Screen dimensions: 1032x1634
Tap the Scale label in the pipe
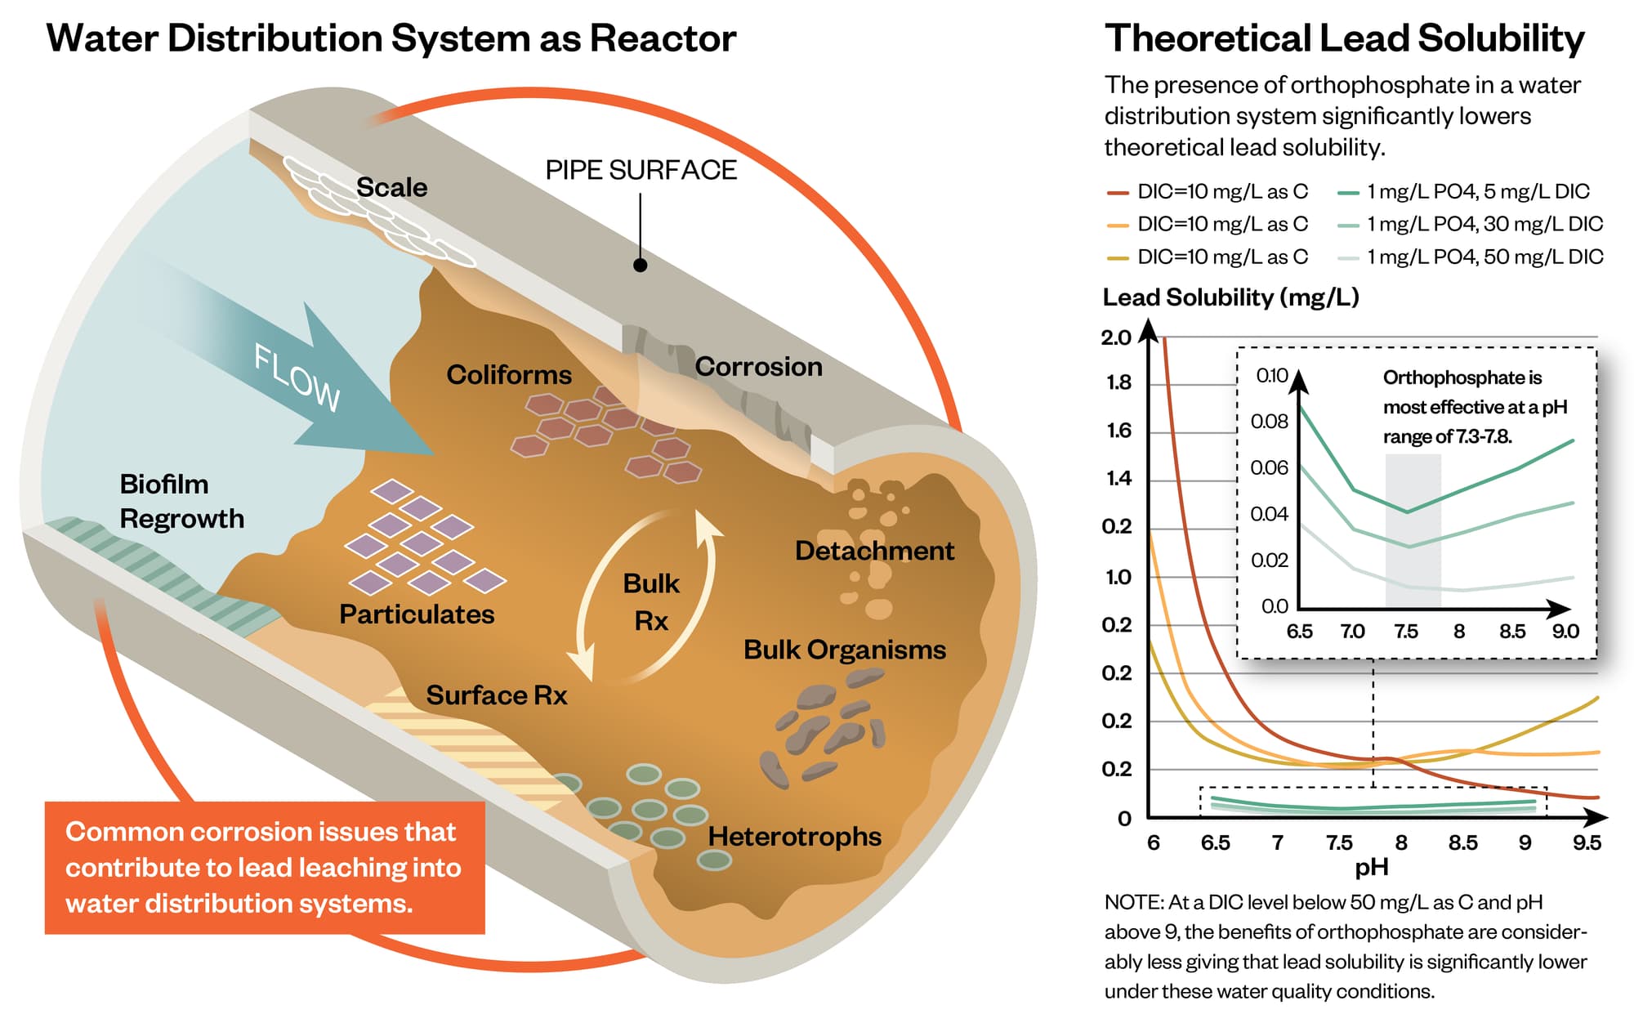[391, 187]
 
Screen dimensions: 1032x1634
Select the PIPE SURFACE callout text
[641, 170]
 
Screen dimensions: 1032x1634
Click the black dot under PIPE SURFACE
[641, 265]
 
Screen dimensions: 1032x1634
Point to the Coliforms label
[509, 374]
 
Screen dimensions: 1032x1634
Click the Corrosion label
[758, 366]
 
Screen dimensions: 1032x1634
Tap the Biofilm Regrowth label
[181, 501]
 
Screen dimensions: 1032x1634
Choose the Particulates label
[417, 614]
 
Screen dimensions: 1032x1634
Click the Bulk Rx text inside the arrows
[651, 601]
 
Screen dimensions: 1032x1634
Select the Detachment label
[874, 550]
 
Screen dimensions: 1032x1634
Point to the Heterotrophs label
[794, 836]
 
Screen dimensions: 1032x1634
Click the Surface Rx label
[496, 695]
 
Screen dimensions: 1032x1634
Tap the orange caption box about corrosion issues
[264, 867]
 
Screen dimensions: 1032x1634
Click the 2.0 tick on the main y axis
[1116, 337]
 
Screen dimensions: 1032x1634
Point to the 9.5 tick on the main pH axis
[1587, 842]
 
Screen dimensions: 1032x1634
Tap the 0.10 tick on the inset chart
[1271, 375]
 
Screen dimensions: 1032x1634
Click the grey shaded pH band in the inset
[1413, 531]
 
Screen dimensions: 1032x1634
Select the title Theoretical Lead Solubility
[1344, 38]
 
